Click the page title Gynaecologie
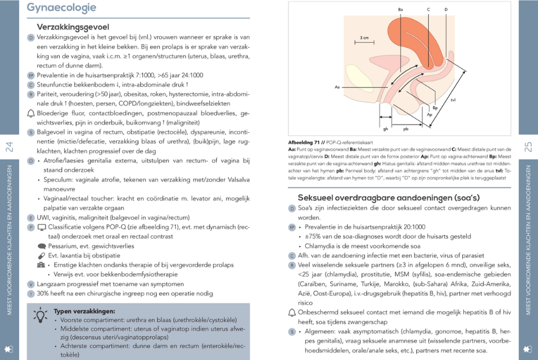(62, 7)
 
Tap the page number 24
(9, 147)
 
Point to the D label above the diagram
(445, 10)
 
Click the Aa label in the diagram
(337, 87)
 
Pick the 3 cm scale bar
(364, 40)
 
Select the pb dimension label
(406, 129)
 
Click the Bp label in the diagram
(435, 108)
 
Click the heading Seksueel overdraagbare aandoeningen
(389, 197)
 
